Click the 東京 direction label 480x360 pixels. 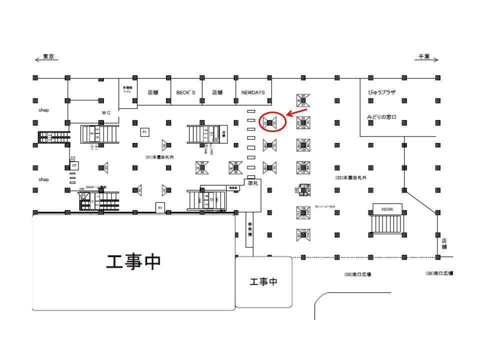[48, 56]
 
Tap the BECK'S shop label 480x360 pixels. [185, 92]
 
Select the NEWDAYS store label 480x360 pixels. [253, 92]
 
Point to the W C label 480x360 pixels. [106, 113]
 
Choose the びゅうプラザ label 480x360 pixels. [381, 92]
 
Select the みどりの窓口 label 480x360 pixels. [381, 116]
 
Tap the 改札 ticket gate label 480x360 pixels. [253, 183]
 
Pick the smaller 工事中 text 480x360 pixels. [263, 282]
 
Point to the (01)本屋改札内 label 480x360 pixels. [159, 156]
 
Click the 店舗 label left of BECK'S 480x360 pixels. [152, 92]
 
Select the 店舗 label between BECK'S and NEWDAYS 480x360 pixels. [217, 92]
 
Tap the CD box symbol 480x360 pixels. [74, 165]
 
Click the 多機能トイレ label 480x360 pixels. [127, 90]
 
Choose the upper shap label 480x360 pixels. [44, 109]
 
